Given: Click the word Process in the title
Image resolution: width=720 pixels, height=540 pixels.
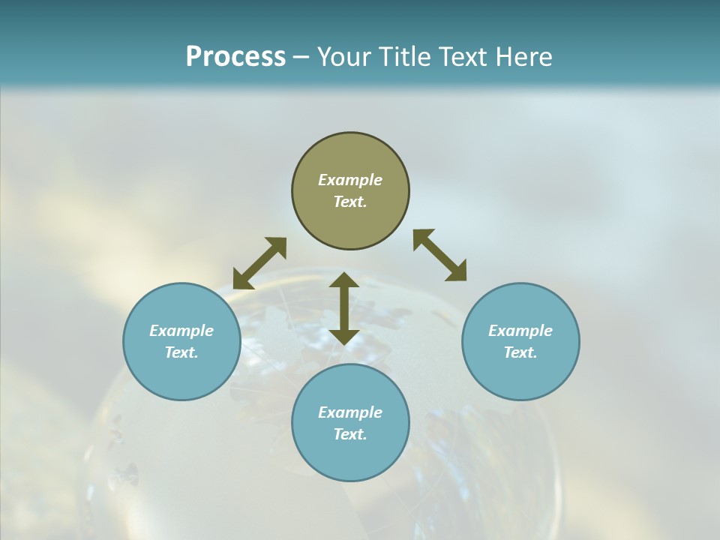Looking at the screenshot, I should coord(235,57).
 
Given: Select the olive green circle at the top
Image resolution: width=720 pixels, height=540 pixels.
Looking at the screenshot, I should coord(350,154).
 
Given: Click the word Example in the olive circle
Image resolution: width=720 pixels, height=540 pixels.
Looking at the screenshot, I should coord(350,180).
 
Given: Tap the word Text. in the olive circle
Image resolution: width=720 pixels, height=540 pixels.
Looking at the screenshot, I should coord(350,202).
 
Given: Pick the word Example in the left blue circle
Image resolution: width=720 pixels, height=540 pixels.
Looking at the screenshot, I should coord(181,331).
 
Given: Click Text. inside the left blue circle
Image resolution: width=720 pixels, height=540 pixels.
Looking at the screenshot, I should coord(181,352).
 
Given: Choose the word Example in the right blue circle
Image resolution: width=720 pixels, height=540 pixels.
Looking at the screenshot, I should coord(520,331).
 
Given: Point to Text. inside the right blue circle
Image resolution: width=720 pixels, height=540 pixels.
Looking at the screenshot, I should coord(520,352).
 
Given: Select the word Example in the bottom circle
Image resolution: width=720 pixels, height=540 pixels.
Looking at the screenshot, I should coord(350,412).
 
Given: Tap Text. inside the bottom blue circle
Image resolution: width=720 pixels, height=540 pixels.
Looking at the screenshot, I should coord(350,434).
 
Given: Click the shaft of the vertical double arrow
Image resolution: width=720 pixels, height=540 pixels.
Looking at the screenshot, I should coord(344,308).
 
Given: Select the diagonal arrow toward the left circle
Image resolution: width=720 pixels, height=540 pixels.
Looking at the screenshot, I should coord(259,263).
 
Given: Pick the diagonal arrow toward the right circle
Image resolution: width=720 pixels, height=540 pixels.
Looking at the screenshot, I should coord(440,255).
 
